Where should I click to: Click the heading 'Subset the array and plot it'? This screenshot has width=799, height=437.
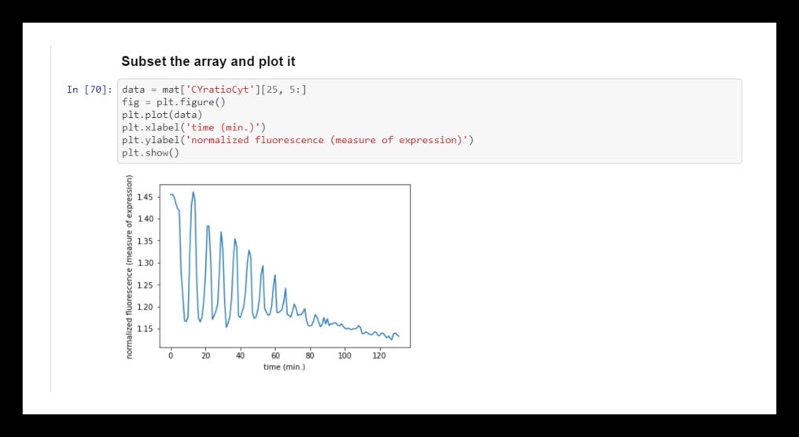coord(208,61)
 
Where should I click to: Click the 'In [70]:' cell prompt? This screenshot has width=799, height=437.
coord(89,90)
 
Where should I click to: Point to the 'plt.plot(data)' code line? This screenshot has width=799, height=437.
coord(161,115)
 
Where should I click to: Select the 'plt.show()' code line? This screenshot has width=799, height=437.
coord(151,152)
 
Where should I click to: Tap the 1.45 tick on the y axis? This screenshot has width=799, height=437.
coord(145,196)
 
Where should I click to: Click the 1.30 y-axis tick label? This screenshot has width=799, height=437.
coord(145,263)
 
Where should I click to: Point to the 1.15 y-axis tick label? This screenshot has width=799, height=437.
coord(145,329)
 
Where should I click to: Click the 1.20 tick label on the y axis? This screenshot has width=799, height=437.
coord(145,307)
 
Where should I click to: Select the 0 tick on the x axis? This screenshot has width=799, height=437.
coord(171,356)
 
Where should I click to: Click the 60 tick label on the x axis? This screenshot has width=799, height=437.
coord(275,356)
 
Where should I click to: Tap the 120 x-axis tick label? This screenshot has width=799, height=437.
coord(379,356)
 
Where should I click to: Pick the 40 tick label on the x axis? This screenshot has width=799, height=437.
coord(241,356)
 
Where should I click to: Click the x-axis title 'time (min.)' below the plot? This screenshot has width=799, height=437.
coord(284,367)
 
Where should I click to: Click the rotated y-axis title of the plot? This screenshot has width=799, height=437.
coord(130,266)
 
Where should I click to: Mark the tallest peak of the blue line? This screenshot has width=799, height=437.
coord(193,192)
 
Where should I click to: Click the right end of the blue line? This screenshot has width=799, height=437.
coord(399,336)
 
